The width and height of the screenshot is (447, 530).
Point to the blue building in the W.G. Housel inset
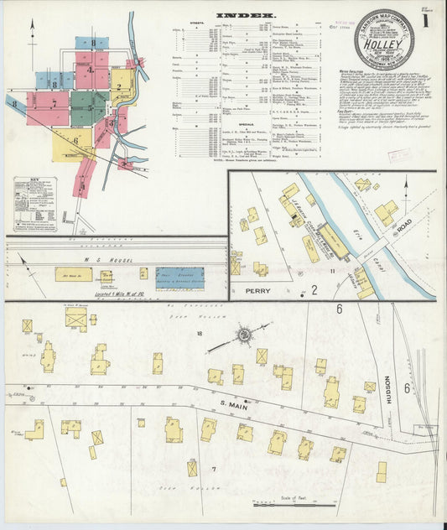click(179, 278)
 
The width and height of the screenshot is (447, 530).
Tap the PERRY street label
click(257, 291)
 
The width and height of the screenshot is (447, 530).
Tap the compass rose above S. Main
click(244, 336)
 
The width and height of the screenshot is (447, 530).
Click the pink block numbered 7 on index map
click(54, 105)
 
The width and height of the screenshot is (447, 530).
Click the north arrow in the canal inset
click(406, 186)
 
